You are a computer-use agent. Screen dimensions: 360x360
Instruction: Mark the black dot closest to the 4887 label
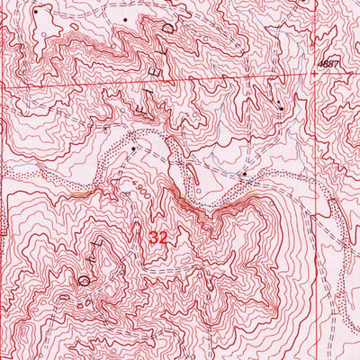tap(282, 109)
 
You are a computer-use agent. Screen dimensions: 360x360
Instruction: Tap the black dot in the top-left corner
tap(37, 11)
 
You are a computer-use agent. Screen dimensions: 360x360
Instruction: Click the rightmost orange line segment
tap(247, 192)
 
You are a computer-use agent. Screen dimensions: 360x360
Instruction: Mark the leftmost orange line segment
tap(79, 192)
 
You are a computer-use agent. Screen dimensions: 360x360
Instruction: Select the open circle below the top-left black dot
tap(44, 34)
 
